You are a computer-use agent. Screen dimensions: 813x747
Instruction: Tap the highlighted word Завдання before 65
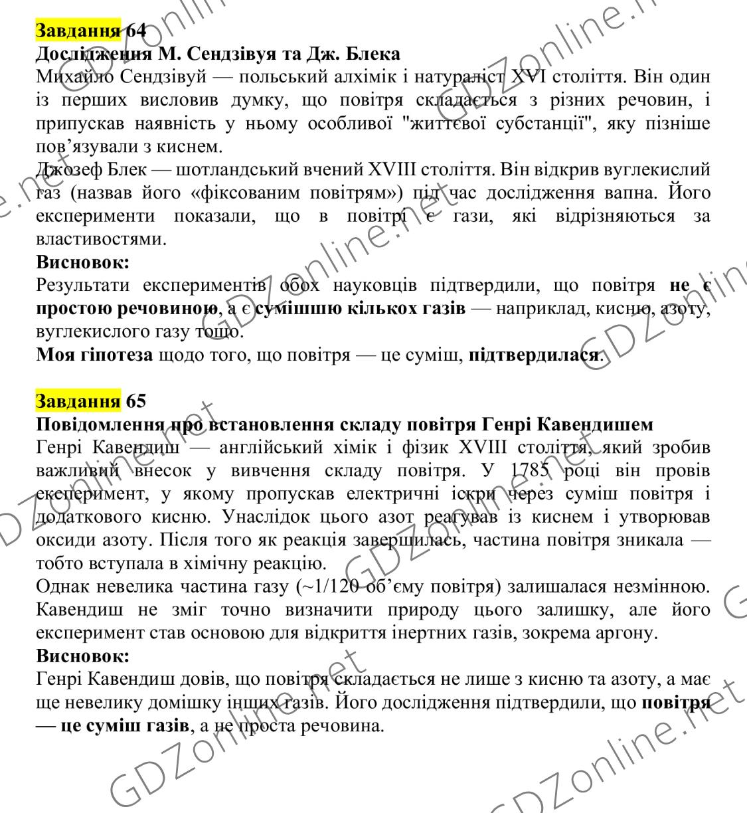point(78,401)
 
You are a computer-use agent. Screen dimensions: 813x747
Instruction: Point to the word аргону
point(623,632)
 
